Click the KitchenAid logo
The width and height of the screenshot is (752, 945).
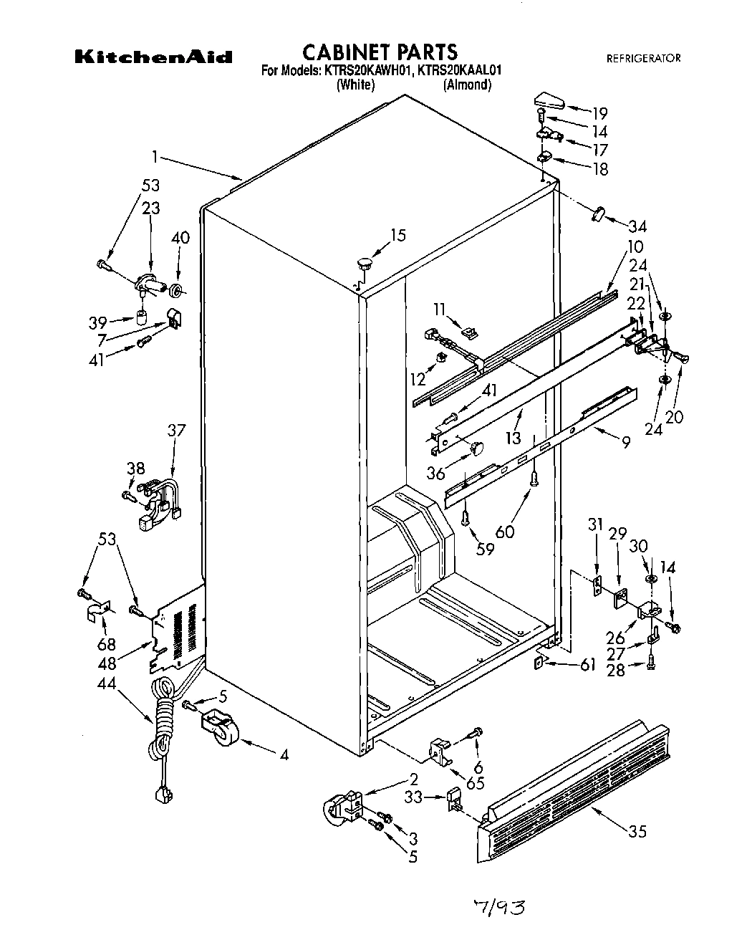[x=153, y=57]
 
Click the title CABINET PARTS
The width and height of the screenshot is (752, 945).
[x=380, y=52]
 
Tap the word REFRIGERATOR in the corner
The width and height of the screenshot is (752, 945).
[x=643, y=58]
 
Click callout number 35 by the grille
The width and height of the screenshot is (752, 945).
[x=637, y=831]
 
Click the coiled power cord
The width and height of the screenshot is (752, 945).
[x=161, y=724]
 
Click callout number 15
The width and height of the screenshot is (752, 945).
[x=398, y=234]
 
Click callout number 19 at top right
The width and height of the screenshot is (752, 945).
[x=599, y=112]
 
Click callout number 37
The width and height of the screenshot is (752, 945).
[x=176, y=430]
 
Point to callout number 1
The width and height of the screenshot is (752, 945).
[x=154, y=155]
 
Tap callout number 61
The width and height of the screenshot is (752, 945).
[x=587, y=666]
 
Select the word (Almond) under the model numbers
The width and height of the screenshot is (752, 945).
[x=467, y=85]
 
